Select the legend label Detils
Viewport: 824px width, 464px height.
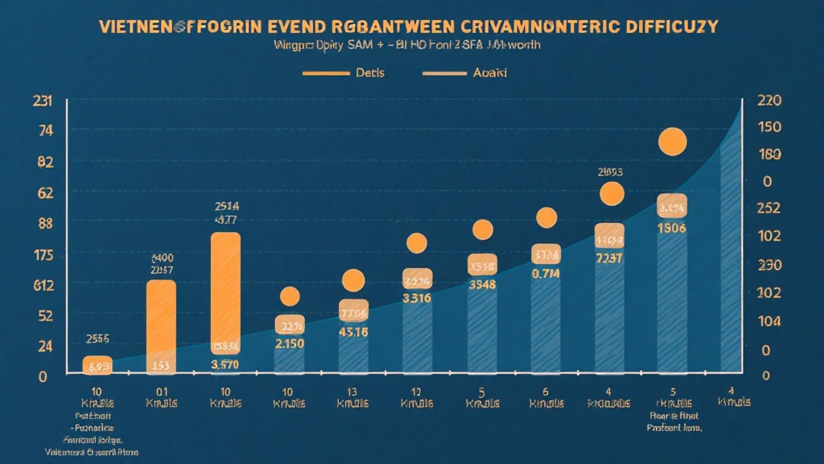[369, 72]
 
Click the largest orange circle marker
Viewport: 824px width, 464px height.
[672, 142]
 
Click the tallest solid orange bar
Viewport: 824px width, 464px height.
[225, 294]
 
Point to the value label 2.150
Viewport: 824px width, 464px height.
[290, 344]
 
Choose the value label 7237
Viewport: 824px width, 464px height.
[608, 258]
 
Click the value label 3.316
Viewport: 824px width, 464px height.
[417, 299]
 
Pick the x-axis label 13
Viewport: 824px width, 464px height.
[353, 391]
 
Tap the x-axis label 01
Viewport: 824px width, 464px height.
[162, 391]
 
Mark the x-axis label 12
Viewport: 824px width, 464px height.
[417, 391]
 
